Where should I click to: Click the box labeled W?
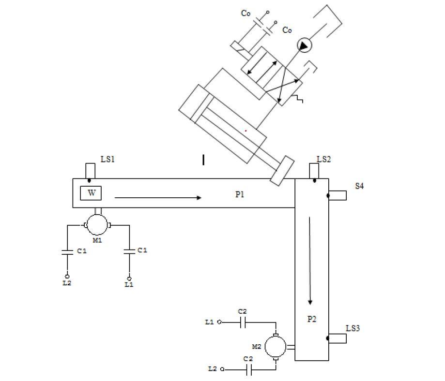(91, 193)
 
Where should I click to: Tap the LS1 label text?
(107, 159)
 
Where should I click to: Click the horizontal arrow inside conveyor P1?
(158, 197)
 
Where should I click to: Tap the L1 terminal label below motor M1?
(129, 285)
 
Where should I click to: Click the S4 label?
(359, 186)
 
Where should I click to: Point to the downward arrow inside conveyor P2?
(310, 261)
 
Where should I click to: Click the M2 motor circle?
(275, 346)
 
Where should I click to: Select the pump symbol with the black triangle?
(304, 45)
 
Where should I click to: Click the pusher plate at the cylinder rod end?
(282, 170)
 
